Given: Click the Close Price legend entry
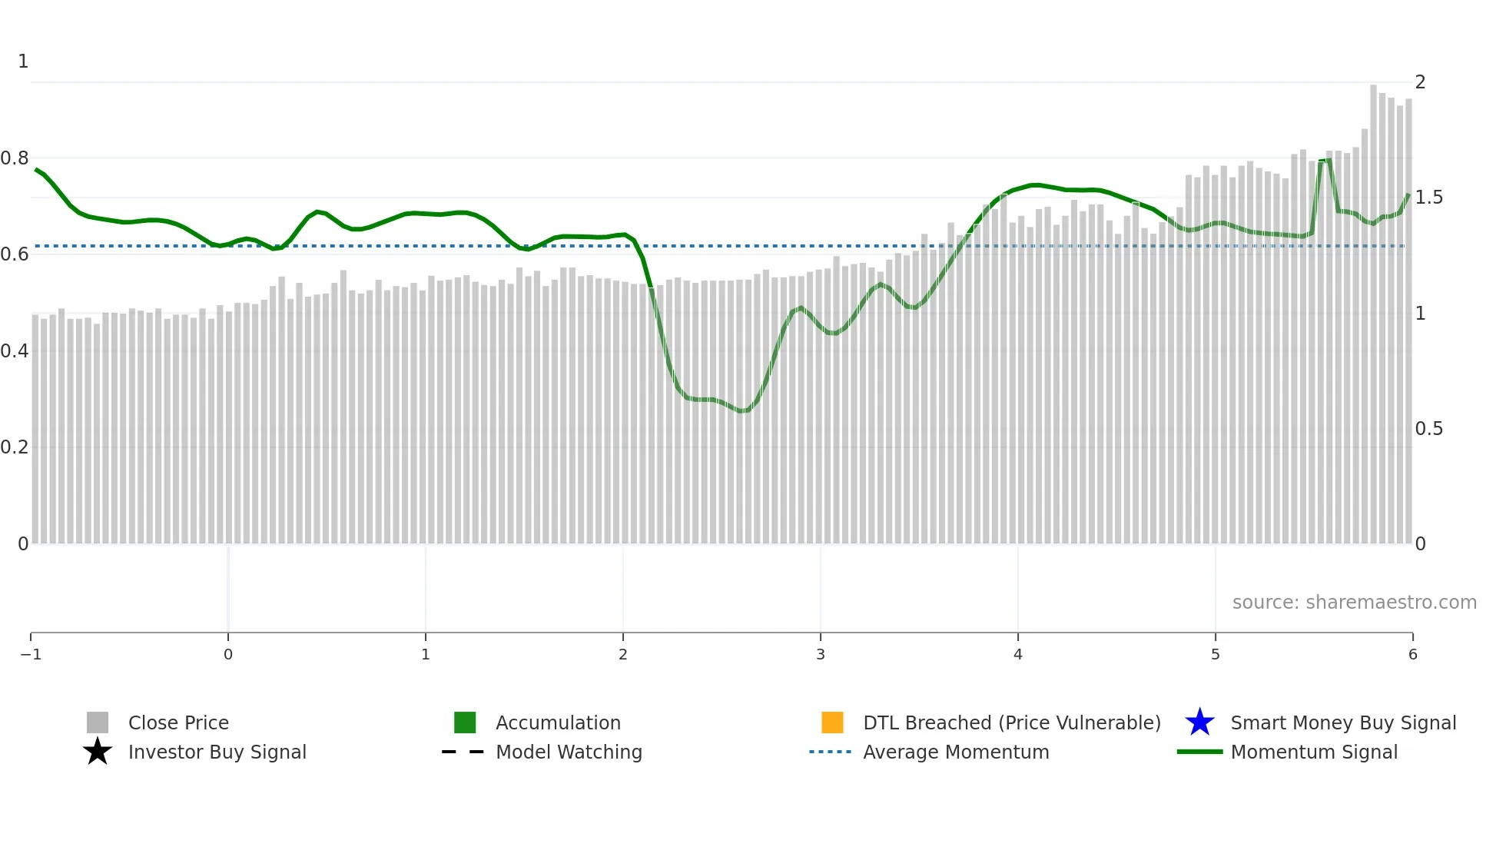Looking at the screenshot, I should [177, 722].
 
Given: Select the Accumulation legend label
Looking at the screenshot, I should [558, 722].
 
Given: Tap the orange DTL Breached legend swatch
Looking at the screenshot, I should [832, 722].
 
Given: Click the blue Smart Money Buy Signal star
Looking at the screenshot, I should [1199, 722].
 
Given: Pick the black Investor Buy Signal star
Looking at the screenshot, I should [98, 752].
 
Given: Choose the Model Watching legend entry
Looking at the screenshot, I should [569, 752].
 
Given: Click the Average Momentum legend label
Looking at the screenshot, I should [956, 752].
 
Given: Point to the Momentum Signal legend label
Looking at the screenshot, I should [1314, 752].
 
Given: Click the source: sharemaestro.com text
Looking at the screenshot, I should [1354, 602].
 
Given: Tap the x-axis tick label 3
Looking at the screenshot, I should [821, 654].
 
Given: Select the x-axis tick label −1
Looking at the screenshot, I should [31, 654].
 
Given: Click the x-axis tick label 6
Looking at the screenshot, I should [1412, 654].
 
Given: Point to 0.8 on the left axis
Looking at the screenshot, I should [15, 158].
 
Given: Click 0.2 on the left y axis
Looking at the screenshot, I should [15, 447].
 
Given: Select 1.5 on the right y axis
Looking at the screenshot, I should [1429, 198].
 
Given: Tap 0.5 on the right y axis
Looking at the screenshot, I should [1429, 429].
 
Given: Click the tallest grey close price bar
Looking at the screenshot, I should [1373, 307].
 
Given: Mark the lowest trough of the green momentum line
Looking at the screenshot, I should [742, 411].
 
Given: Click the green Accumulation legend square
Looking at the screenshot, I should [465, 722].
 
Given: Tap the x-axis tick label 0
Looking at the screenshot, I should [228, 654].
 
